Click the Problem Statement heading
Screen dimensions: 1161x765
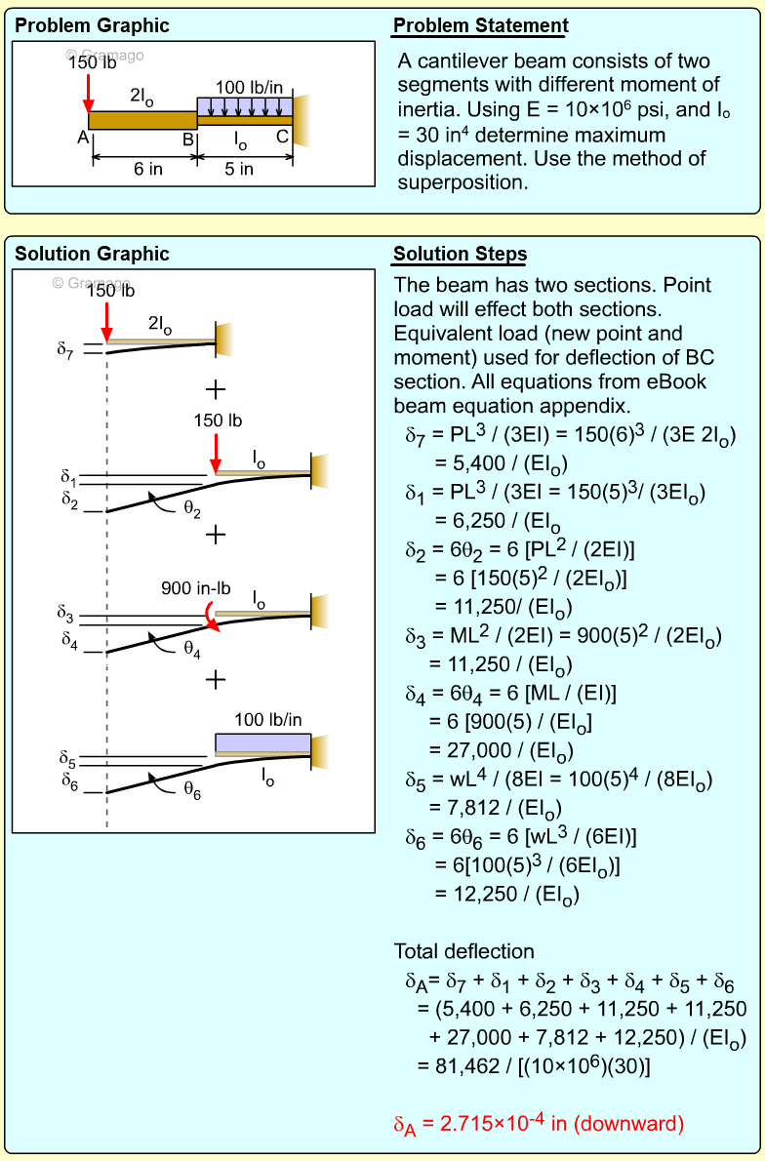point(480,26)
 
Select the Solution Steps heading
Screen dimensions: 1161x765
point(460,255)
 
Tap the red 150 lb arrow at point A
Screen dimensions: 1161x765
point(88,93)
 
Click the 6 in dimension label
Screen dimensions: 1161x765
point(148,169)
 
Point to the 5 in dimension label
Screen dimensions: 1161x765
point(239,169)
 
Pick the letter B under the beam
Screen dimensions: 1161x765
point(188,138)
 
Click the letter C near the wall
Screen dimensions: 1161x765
point(282,138)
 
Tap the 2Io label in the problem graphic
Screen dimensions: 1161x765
point(143,96)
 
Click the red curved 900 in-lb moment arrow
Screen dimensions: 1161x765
point(210,616)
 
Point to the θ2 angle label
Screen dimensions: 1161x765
point(192,510)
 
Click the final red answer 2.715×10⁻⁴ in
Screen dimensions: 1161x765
point(539,1124)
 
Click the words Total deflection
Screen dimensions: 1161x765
point(463,951)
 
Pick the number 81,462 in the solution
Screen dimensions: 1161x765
point(459,1066)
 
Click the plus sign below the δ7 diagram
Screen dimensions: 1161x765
point(216,390)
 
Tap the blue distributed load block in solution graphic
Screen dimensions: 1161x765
point(262,742)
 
